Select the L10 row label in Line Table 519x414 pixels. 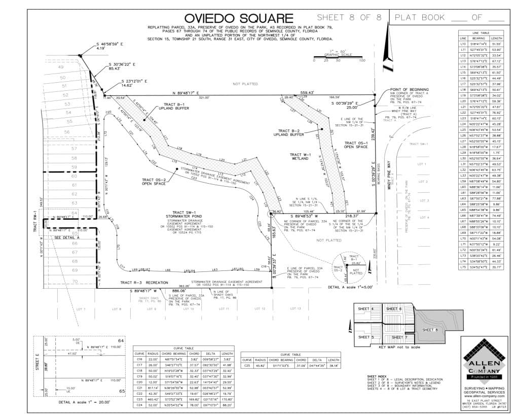463,44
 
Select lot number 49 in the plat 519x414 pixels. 61,67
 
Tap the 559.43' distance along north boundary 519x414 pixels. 308,93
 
